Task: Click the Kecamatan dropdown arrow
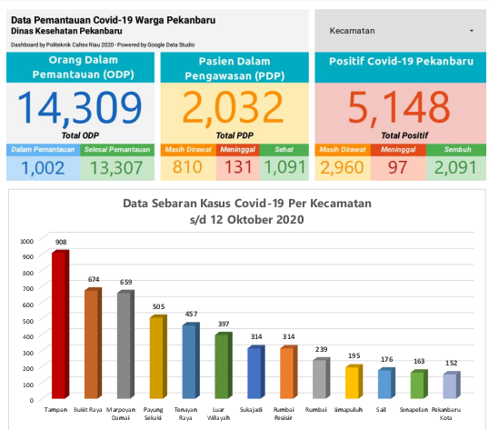coord(472,31)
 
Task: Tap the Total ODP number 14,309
coord(80,109)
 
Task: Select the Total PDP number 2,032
coord(234,109)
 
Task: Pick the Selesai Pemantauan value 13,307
coord(116,167)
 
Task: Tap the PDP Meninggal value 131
coord(237,167)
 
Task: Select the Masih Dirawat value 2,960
coord(341,167)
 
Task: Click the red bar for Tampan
coord(60,325)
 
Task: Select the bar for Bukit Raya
coord(93,344)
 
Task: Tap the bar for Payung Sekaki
coord(157,357)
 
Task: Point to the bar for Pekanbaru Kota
coord(450,385)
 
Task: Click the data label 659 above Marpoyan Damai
coord(126,283)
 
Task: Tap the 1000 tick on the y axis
coord(25,241)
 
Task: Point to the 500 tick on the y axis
coord(27,320)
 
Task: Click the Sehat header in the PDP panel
coord(284,150)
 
